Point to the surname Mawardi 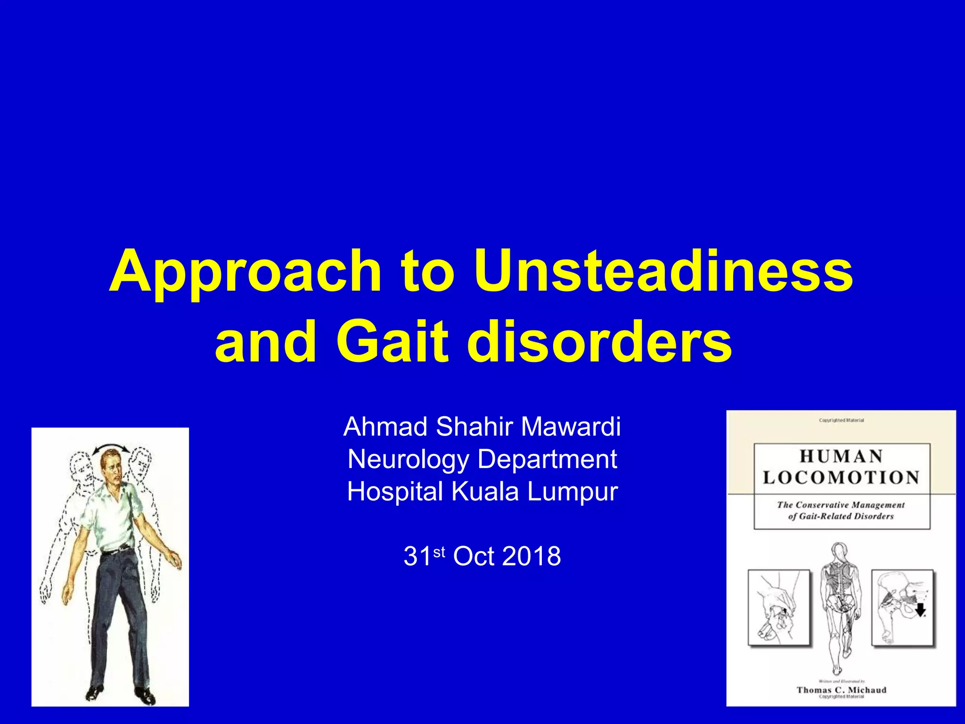point(571,427)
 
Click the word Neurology point(408,460)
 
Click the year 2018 point(531,556)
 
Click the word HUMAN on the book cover point(841,456)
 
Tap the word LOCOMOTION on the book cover point(841,477)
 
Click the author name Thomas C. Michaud point(841,690)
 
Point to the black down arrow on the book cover point(920,611)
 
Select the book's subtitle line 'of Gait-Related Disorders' point(841,516)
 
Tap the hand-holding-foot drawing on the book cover point(779,608)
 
